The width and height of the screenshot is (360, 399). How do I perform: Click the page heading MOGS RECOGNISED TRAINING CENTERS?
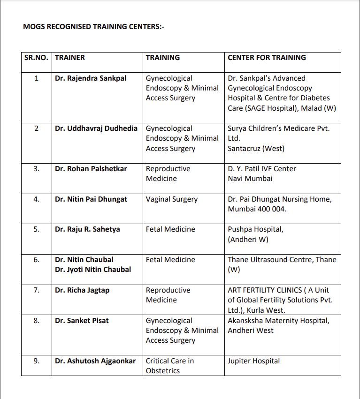click(x=93, y=27)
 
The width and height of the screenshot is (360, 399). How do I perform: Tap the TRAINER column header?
click(x=70, y=58)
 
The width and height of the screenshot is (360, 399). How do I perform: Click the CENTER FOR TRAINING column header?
click(x=267, y=58)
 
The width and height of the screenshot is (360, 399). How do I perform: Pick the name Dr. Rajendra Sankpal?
click(x=91, y=78)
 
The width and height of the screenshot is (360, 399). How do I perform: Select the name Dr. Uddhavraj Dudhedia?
click(x=96, y=128)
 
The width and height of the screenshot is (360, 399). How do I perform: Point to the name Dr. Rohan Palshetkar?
click(x=91, y=169)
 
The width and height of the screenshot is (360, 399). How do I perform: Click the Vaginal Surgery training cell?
click(x=172, y=199)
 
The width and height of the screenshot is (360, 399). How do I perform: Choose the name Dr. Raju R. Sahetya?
click(x=87, y=229)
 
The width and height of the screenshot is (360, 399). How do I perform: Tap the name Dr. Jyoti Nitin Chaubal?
click(x=93, y=270)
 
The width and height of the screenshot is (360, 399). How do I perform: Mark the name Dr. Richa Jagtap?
click(x=82, y=290)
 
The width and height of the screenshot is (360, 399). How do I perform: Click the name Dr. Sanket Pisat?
click(x=82, y=321)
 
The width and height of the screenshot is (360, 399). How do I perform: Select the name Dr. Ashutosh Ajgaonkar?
click(x=95, y=361)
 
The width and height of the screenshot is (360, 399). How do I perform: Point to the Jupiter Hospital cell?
click(x=253, y=361)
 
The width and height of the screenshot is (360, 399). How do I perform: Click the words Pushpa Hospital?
click(x=255, y=229)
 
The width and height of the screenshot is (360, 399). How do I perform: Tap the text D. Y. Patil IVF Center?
click(x=262, y=169)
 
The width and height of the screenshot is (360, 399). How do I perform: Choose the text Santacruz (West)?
click(x=256, y=149)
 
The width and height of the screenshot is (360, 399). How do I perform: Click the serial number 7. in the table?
click(x=37, y=290)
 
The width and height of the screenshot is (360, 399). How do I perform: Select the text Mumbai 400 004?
click(x=257, y=209)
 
